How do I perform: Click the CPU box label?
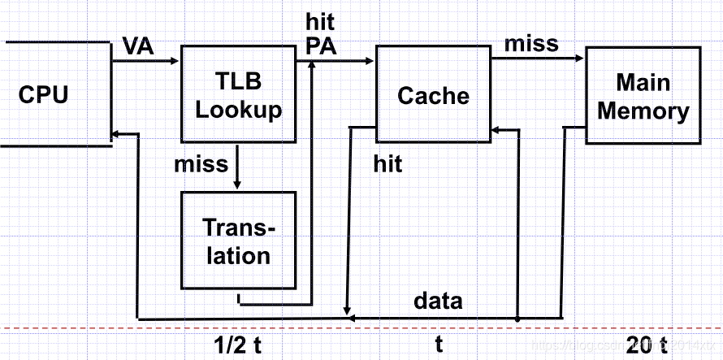[43, 95]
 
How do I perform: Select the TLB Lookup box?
[238, 96]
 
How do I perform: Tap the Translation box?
[238, 241]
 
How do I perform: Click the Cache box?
[433, 96]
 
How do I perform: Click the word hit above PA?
[320, 21]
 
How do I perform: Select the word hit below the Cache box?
[387, 164]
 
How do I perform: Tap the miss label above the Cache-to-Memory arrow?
[531, 43]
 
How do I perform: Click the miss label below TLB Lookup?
[201, 164]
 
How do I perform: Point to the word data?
[438, 301]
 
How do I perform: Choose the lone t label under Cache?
[439, 345]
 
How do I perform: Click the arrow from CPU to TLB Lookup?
[146, 61]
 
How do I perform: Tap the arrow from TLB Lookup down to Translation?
[237, 167]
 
